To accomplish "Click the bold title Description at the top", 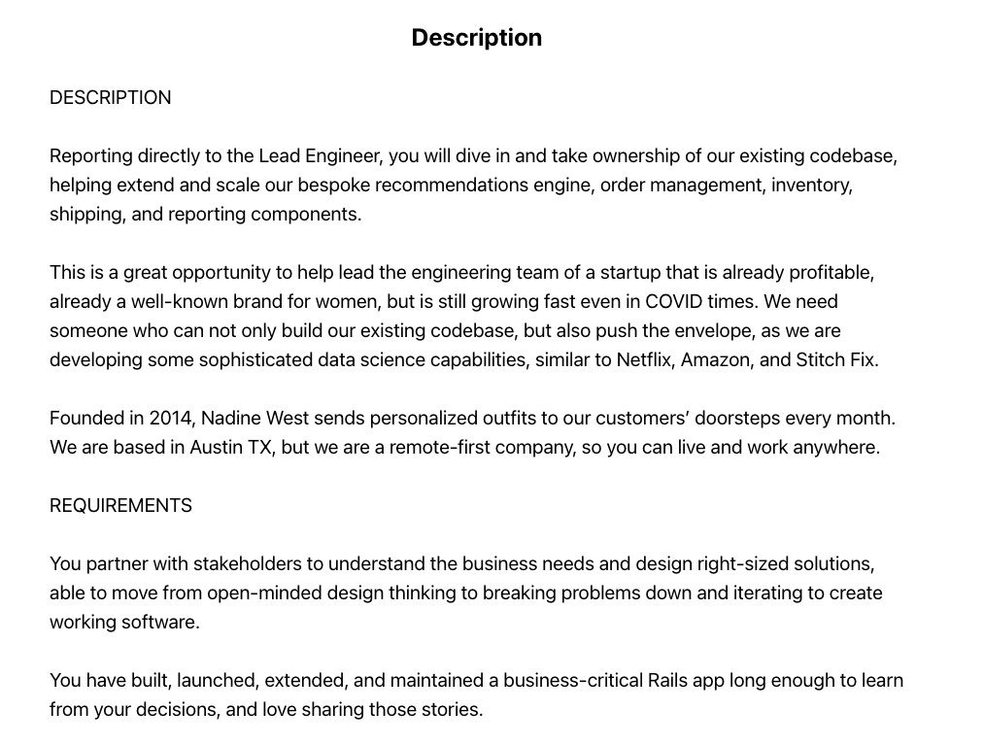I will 476,38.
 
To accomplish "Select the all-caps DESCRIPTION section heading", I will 110,98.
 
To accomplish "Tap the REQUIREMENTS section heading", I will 120,506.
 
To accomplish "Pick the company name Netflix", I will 645,360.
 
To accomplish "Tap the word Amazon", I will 716,360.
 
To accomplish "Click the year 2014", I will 171,419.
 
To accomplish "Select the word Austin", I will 218,448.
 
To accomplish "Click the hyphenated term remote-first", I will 445,448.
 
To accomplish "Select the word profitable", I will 831,273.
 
